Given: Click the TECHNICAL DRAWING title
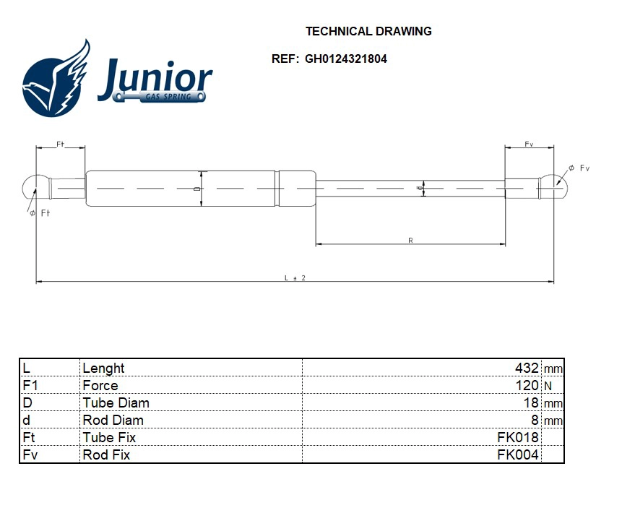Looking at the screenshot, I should coord(368,31).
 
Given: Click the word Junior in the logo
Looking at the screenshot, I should coord(155,79).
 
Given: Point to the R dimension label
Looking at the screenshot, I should coord(410,240).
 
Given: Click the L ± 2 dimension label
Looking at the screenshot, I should coord(295,277).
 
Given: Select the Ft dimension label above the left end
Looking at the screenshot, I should coord(61,145).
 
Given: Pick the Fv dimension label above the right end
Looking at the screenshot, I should coord(529,145).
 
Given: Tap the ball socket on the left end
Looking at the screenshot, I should coord(32,187).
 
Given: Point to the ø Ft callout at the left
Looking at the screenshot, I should coord(40,213).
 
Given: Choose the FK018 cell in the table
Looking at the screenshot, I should coord(517,437).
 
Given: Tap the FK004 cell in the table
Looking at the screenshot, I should coord(517,454).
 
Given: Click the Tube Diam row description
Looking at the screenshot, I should coord(116,402).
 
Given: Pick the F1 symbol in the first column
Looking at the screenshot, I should coord(30,385).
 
